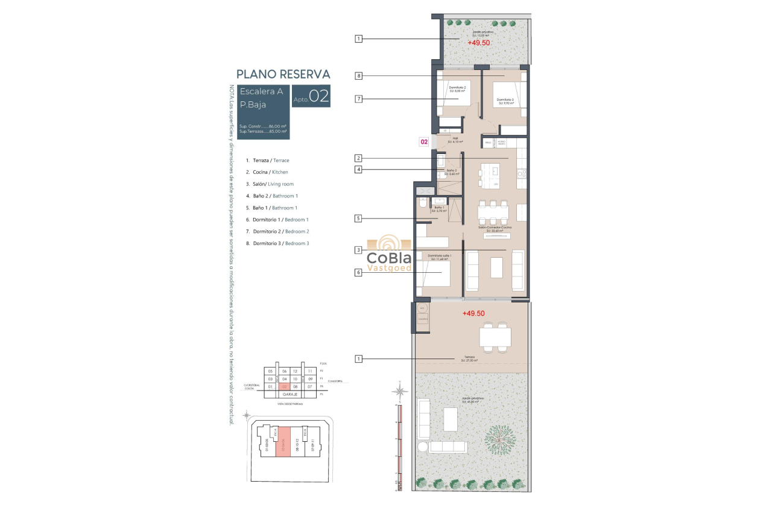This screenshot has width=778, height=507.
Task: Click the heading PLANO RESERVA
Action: click(283, 74)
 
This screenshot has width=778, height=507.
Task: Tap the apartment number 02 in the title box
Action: click(319, 97)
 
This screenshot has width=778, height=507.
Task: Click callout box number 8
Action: click(358, 76)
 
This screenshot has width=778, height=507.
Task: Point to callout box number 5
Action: click(358, 218)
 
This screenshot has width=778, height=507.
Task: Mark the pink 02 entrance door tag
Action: click(424, 142)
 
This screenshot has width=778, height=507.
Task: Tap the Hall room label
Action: click(456, 138)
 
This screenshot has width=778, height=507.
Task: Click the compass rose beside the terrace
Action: click(399, 391)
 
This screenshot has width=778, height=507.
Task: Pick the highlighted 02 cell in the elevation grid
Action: click(284, 386)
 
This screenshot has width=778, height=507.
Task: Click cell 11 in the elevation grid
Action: click(310, 371)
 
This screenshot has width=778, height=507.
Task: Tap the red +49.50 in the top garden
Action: click(478, 43)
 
